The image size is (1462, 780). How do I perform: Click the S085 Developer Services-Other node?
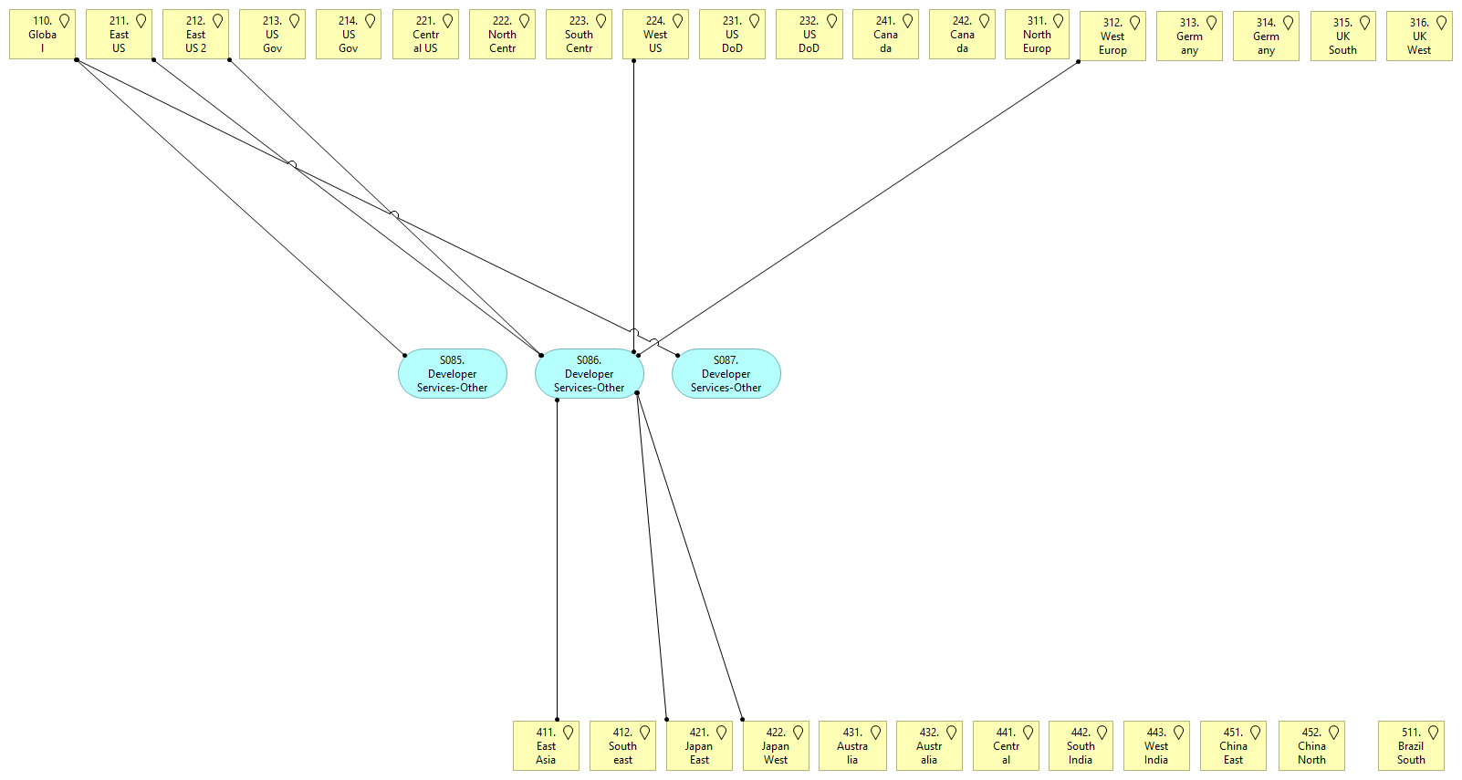452,374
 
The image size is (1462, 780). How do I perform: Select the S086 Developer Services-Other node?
589,374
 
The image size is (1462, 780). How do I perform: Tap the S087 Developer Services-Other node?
726,374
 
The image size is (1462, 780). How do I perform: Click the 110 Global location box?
42,35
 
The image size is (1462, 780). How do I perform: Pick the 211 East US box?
119,35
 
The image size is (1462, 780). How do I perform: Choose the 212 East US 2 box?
195,35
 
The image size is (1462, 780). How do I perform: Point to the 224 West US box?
655,35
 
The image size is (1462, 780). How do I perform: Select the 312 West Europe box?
1112,36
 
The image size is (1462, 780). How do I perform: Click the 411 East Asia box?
546,746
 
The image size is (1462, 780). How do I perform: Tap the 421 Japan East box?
699,746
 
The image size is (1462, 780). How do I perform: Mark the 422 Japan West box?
776,746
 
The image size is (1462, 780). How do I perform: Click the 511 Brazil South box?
1411,746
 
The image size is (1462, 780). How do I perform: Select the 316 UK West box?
1419,36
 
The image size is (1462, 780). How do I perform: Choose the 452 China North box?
1311,746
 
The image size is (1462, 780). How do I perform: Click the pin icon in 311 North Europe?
1058,21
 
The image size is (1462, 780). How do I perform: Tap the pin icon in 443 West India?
1178,733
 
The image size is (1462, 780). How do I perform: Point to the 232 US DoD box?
809,35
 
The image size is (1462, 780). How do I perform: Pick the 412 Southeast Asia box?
622,746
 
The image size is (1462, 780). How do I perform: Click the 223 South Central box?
579,35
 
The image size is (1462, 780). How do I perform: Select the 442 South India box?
1081,746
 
